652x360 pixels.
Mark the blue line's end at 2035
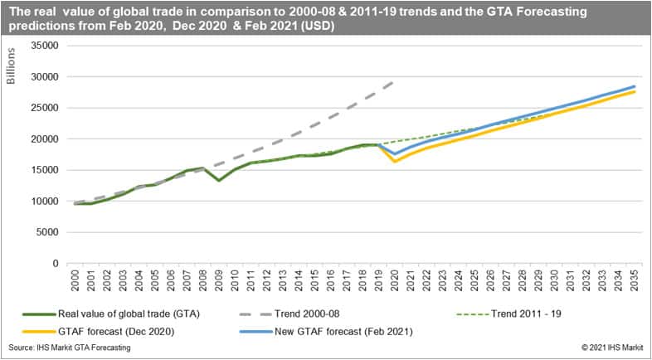coord(635,86)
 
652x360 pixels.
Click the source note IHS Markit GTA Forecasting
coord(71,348)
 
